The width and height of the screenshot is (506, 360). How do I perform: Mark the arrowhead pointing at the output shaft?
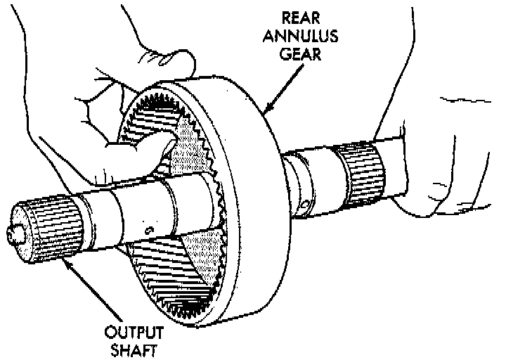point(65,262)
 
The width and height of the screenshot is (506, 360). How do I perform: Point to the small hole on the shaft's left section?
point(148,230)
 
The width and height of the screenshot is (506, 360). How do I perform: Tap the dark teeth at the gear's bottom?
point(186,307)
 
